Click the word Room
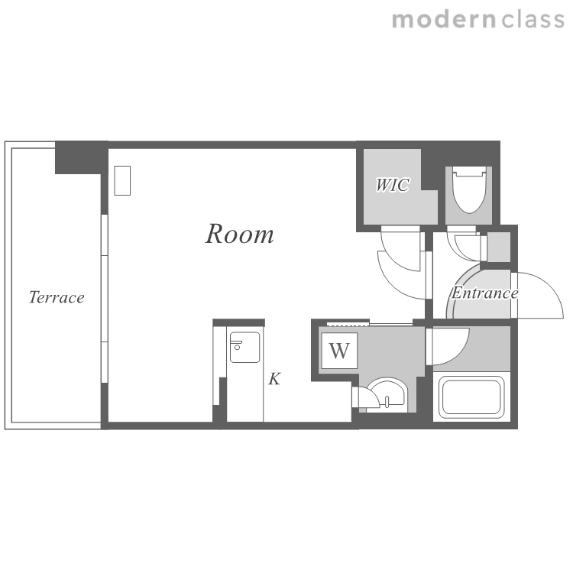[x=239, y=234]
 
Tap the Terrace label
[x=57, y=297]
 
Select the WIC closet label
[x=393, y=185]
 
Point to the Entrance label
[x=484, y=293]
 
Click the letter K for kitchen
[x=274, y=379]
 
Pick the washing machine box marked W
[x=339, y=351]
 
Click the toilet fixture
[x=470, y=189]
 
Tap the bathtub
[x=471, y=397]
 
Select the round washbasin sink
[x=387, y=393]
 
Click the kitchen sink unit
[x=244, y=347]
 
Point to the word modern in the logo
[x=444, y=20]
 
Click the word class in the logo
[x=533, y=19]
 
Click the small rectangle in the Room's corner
[x=122, y=180]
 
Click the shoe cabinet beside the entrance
[x=498, y=247]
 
